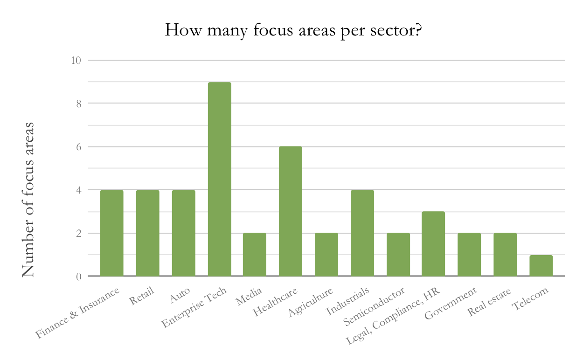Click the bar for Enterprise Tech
tap(219, 179)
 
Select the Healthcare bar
tap(291, 211)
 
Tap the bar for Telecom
tap(541, 265)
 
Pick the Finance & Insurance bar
tap(111, 233)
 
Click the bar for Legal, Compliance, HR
tap(433, 243)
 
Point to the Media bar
tap(255, 254)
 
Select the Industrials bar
tap(362, 233)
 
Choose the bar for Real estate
tap(505, 254)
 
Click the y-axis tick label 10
tap(76, 61)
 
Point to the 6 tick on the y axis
tap(78, 147)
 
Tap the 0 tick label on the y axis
tap(78, 277)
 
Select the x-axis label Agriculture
tap(310, 303)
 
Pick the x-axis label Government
tap(451, 304)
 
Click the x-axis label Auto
tap(180, 296)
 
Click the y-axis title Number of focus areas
tap(28, 200)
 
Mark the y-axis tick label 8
tap(78, 104)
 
